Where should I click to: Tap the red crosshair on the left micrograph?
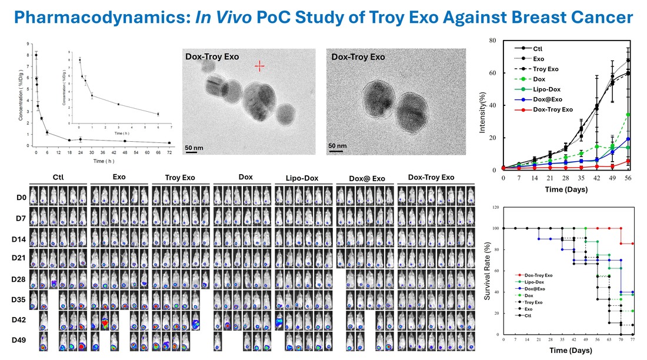coord(259,66)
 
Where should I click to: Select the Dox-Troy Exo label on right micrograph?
coord(358,58)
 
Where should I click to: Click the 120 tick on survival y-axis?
coord(496,208)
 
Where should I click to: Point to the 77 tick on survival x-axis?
coord(633,341)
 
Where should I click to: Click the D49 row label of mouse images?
coord(18,339)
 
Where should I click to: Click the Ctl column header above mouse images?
coord(58,177)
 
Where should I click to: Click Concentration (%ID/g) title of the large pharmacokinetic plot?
coord(21,94)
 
